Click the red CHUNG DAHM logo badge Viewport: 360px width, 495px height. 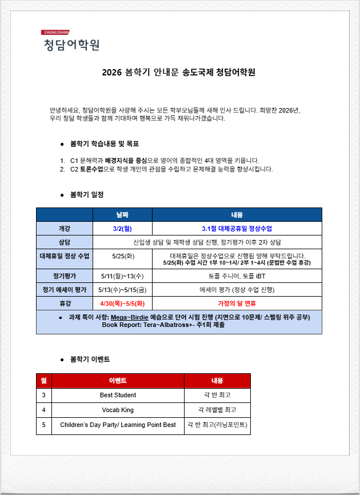coord(55,33)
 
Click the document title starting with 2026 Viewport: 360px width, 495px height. coord(179,73)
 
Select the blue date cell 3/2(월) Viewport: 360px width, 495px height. coord(122,228)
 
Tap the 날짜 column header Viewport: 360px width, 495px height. coord(122,214)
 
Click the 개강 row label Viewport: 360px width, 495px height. coord(65,228)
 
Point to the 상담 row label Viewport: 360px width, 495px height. coord(65,242)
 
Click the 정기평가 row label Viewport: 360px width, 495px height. coord(65,276)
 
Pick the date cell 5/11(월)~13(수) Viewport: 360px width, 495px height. coord(122,276)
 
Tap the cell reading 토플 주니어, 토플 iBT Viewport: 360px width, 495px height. coord(237,276)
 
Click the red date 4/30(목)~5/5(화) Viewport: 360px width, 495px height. coord(122,303)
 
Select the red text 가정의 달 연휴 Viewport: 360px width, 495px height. coord(237,303)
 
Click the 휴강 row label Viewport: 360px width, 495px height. coord(65,303)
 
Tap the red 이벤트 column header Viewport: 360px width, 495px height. coord(118,380)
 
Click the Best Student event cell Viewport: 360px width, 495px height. coord(118,395)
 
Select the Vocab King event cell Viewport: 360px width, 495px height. coord(118,410)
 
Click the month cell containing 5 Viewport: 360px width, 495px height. coord(44,425)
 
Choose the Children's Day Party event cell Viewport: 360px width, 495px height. coord(118,425)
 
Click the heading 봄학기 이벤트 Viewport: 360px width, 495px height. coord(90,359)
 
